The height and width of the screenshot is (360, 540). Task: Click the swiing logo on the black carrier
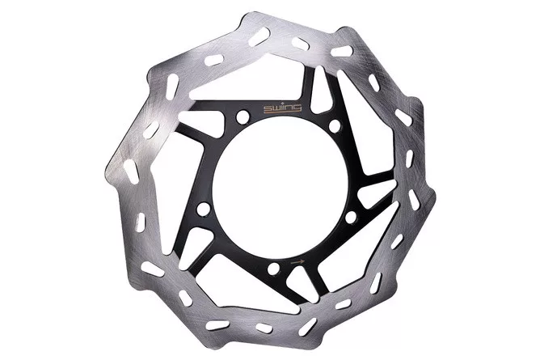(x=282, y=108)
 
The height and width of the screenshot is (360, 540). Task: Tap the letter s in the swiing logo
(x=267, y=109)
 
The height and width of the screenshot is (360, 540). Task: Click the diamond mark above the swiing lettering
(x=282, y=104)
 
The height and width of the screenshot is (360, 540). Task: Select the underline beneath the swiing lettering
(x=281, y=112)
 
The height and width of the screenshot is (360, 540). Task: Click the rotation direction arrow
(x=297, y=262)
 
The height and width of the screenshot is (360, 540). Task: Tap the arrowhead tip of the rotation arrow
(x=305, y=262)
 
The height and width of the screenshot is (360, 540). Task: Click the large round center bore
(x=280, y=186)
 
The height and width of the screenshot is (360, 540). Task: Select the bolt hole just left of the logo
(x=243, y=116)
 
